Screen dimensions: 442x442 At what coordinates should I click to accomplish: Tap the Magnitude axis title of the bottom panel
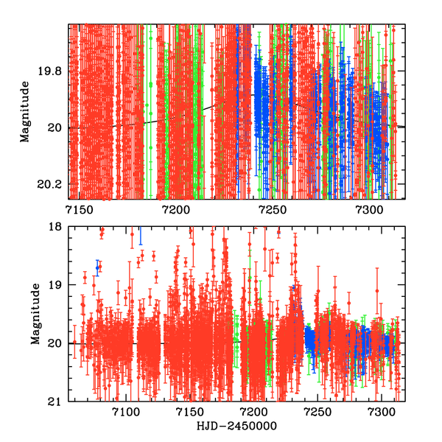(x=35, y=315)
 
